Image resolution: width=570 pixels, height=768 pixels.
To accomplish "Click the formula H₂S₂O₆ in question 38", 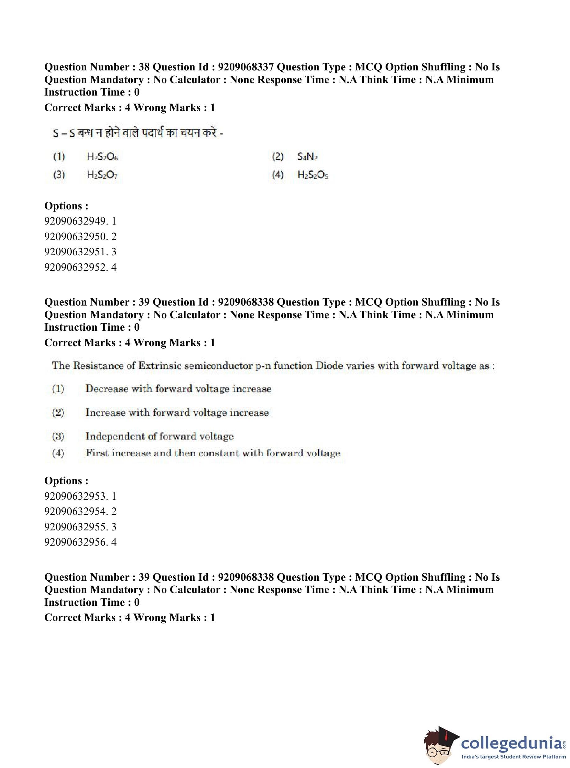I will pos(102,157).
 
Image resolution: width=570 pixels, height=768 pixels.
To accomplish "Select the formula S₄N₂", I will pos(307,157).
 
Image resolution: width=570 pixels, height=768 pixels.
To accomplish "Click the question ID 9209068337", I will pos(246,67).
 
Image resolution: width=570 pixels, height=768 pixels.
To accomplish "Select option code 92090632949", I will pos(76,221).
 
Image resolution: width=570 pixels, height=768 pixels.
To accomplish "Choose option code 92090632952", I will pos(76,267).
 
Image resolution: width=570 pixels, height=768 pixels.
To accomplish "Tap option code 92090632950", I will pos(76,236).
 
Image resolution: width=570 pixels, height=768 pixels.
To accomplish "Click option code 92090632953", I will pos(76,496).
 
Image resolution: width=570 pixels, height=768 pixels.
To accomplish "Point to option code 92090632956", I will pos(76,542).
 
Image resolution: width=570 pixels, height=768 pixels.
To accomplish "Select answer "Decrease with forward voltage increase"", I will pos(179,389).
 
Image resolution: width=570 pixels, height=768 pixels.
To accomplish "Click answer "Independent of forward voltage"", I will pos(159,436).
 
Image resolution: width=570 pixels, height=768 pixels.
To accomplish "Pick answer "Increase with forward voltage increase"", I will pos(177,413).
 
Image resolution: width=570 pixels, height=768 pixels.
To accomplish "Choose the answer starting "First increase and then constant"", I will pos(213,453).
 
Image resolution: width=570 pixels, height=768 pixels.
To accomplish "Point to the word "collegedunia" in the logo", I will pos(511,742).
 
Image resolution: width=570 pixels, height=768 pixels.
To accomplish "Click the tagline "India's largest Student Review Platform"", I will pos(513,757).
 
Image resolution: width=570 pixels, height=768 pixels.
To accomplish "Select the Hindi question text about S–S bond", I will pos(138,133).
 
